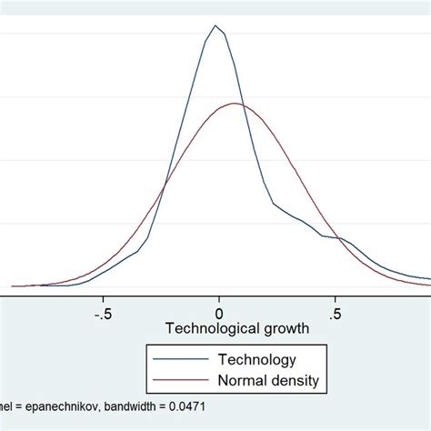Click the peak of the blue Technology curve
(215, 25)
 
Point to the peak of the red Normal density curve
(235, 104)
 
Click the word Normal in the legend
(237, 379)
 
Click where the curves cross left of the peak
(165, 188)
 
